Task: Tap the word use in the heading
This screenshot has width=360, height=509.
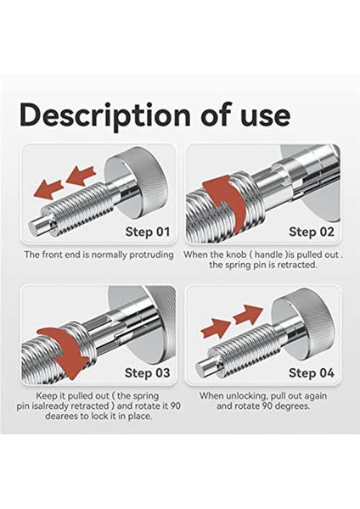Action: click(x=260, y=114)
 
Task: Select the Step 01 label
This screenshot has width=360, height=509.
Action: click(x=148, y=231)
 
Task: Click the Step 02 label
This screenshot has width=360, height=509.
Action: click(x=312, y=231)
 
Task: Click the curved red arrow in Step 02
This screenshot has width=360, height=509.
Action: click(x=219, y=197)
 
